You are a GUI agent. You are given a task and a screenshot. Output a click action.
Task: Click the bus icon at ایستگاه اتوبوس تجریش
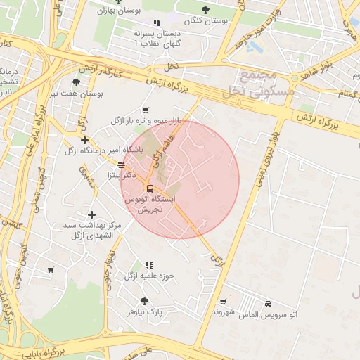(x=149, y=188)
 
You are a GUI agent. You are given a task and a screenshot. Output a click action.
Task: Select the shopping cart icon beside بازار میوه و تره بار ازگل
(x=146, y=110)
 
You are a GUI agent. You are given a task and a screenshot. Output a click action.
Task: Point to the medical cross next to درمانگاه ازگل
(x=84, y=140)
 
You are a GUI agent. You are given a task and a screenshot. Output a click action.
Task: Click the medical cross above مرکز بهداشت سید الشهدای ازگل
(x=91, y=214)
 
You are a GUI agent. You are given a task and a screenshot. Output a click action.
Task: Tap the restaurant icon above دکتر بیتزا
(x=122, y=165)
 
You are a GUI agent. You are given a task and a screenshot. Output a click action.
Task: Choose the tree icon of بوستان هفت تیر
(x=77, y=82)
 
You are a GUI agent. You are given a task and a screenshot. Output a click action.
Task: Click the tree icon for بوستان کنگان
(x=205, y=10)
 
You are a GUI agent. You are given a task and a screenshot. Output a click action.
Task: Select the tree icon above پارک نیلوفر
(x=144, y=300)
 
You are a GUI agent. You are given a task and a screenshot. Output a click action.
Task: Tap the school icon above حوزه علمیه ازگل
(x=149, y=265)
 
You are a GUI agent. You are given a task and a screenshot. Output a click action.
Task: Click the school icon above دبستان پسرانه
(x=156, y=23)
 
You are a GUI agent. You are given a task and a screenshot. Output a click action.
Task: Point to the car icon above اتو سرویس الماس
(x=269, y=304)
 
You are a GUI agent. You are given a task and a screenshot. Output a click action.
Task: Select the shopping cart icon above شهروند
(x=223, y=301)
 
